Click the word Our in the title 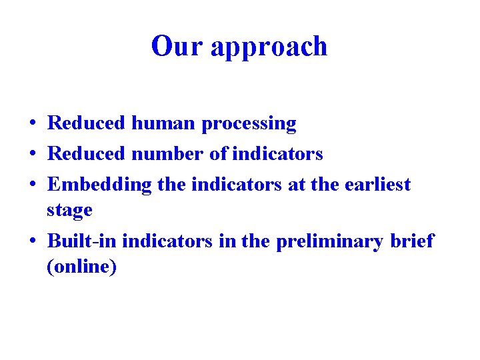[x=176, y=46]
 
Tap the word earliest [x=377, y=185]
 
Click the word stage [x=69, y=211]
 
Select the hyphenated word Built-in [x=83, y=240]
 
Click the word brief [x=412, y=240]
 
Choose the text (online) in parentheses [x=81, y=267]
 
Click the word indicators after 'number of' [x=277, y=154]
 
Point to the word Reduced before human [x=87, y=123]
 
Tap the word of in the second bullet [x=218, y=154]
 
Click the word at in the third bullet [x=296, y=185]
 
